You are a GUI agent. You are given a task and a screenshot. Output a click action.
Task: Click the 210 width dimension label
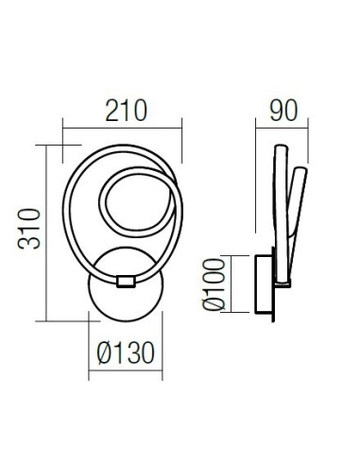coord(126,111)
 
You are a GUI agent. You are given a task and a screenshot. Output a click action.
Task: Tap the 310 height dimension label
coord(29,229)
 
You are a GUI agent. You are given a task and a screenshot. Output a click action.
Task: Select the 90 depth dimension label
coord(283,111)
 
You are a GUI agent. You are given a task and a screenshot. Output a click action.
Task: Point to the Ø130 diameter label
coord(126,353)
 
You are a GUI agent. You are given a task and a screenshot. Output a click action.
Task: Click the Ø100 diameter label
coord(214,284)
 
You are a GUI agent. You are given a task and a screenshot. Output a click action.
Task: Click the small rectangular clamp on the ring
coord(126,282)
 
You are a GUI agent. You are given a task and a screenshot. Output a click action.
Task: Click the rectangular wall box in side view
coord(264,284)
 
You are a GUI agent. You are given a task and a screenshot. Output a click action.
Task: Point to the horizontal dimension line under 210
coord(122,128)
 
